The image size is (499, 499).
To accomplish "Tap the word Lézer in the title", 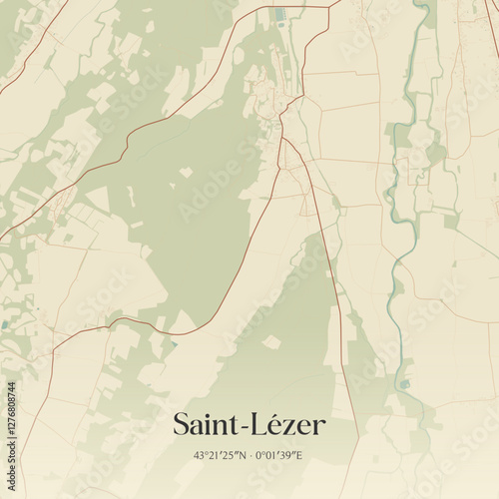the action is [x=289, y=424].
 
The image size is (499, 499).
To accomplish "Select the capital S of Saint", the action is [x=181, y=424].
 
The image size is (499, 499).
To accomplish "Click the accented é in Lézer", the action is [x=282, y=424].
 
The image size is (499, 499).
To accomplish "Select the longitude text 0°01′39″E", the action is [x=281, y=455].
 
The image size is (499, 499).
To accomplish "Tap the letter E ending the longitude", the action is [x=300, y=455].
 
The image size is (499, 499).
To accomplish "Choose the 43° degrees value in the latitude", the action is [x=201, y=455].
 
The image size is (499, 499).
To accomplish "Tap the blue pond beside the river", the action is [x=404, y=383].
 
